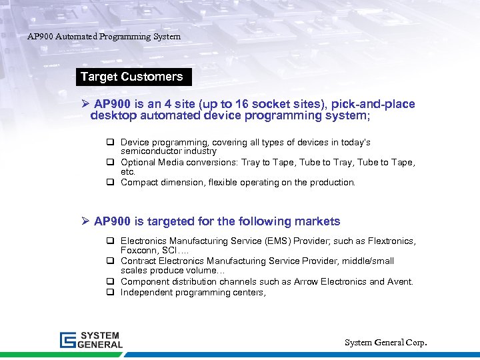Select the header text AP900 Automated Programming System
(103, 37)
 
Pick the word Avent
(400, 281)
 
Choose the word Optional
(138, 162)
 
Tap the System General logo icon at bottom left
(69, 340)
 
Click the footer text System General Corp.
(385, 342)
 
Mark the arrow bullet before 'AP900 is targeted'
(85, 221)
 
